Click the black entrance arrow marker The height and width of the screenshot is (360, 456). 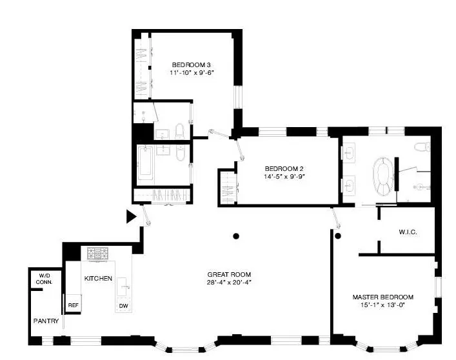131,217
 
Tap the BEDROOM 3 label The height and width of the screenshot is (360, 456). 192,65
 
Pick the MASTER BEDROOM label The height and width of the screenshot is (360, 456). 382,297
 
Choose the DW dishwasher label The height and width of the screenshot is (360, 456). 123,306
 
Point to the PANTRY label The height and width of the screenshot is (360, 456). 46,321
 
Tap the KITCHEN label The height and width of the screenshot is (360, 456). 98,278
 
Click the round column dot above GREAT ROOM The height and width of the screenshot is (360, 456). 237,236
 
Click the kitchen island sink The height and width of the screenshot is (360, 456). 124,284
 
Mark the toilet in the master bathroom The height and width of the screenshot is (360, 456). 422,146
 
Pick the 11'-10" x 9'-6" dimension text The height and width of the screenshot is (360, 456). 192,73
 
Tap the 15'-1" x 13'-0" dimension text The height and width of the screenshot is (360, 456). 382,306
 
